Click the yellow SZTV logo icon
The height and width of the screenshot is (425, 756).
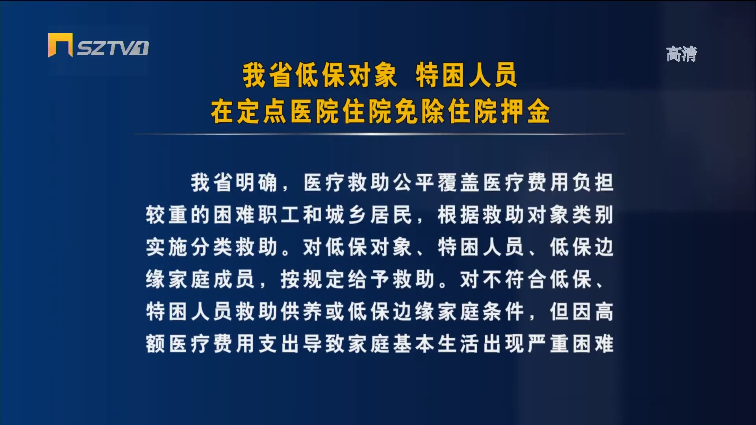point(60,45)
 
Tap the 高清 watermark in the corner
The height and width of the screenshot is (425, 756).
point(682,54)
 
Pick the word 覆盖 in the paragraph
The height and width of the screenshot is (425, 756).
point(458,183)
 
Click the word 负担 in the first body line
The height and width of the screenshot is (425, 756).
point(593,183)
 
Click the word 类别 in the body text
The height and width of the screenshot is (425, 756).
point(593,215)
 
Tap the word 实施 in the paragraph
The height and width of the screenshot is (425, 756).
point(167,247)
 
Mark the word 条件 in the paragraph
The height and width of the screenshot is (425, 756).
point(503,312)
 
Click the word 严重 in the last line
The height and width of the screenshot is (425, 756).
point(548,344)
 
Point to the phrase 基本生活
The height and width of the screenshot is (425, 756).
point(436,344)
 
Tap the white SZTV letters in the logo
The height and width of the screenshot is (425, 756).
point(113,48)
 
